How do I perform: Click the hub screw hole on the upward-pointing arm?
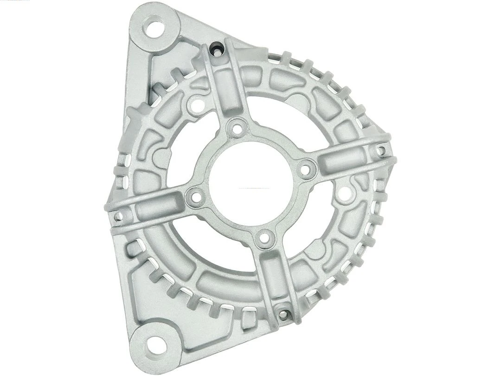pyautogui.click(x=238, y=128)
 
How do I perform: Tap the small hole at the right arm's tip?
pyautogui.click(x=380, y=150)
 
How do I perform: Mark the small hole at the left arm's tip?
pyautogui.click(x=117, y=215)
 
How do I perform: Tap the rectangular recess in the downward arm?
pyautogui.click(x=274, y=277)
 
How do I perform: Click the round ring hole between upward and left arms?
pyautogui.click(x=197, y=106)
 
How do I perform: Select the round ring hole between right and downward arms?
pyautogui.click(x=344, y=194)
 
